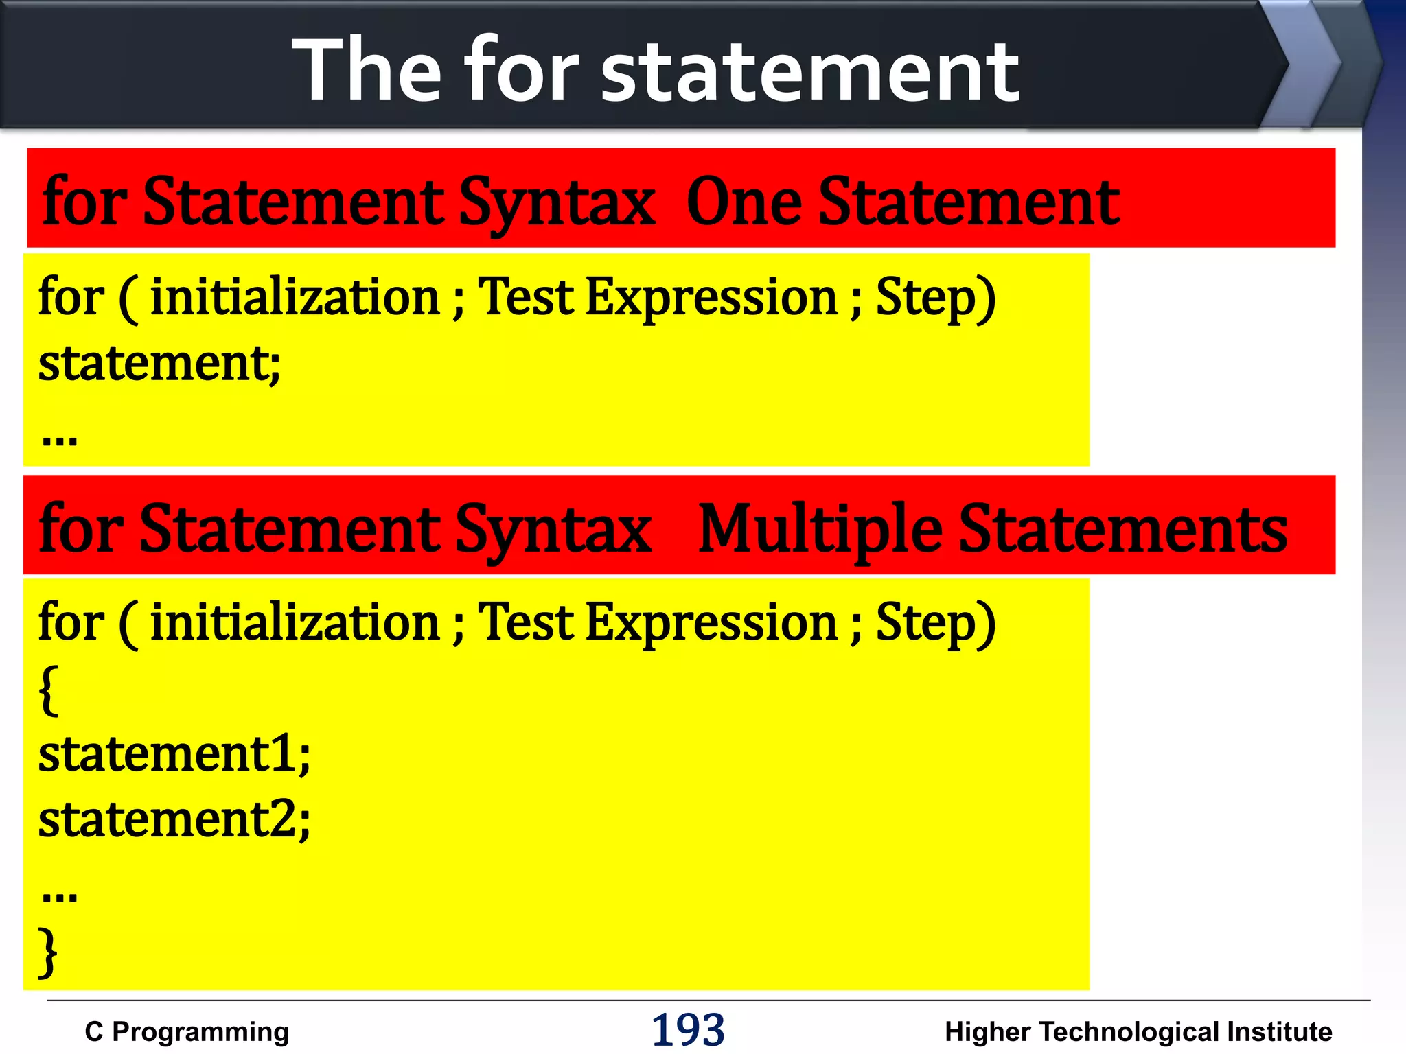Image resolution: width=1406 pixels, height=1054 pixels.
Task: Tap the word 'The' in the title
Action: click(x=367, y=71)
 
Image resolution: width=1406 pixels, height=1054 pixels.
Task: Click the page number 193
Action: click(x=688, y=1029)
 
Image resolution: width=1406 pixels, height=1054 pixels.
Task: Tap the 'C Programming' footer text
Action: click(x=187, y=1031)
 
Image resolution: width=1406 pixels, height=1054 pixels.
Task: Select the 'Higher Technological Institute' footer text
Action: click(x=1138, y=1031)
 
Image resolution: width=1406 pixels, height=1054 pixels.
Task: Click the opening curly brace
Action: click(x=48, y=690)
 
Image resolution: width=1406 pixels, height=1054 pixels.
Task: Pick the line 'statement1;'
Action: click(x=174, y=753)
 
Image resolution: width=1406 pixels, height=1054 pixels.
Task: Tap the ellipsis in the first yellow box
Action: click(x=60, y=438)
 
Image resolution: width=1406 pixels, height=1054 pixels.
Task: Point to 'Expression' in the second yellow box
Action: click(x=711, y=622)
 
